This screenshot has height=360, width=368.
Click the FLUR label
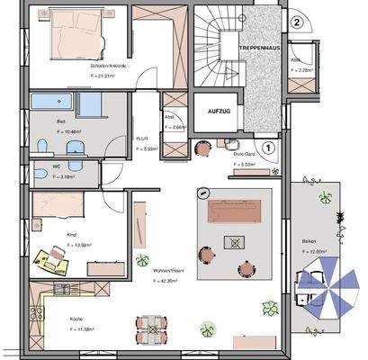point(141,139)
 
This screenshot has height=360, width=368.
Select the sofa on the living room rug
point(238,210)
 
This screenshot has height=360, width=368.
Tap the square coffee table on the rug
point(237,241)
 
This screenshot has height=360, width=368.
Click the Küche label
point(76,319)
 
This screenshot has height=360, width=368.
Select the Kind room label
point(71,233)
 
